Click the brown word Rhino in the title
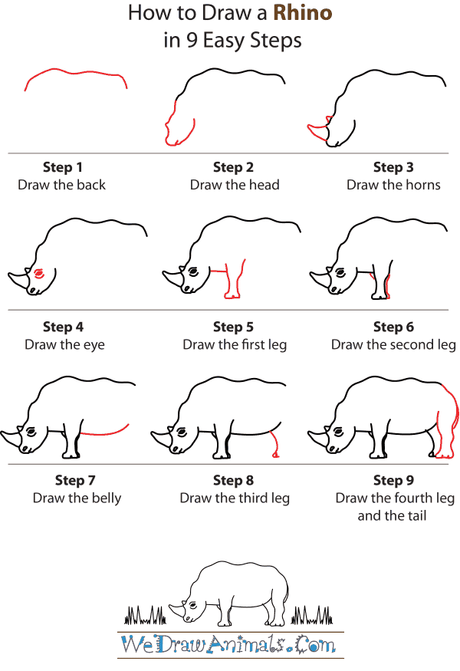pyautogui.click(x=303, y=13)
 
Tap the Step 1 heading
pyautogui.click(x=62, y=167)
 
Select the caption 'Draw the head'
pyautogui.click(x=235, y=185)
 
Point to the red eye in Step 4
pyautogui.click(x=38, y=272)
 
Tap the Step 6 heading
pyautogui.click(x=393, y=327)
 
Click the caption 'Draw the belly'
pyautogui.click(x=77, y=498)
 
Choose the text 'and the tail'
pyautogui.click(x=392, y=515)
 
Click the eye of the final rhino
pyautogui.click(x=193, y=606)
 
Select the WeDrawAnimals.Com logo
pyautogui.click(x=228, y=645)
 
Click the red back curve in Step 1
pyautogui.click(x=75, y=73)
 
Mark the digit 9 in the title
pyautogui.click(x=191, y=41)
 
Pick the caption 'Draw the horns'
pyautogui.click(x=393, y=185)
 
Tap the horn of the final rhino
pyautogui.click(x=177, y=610)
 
